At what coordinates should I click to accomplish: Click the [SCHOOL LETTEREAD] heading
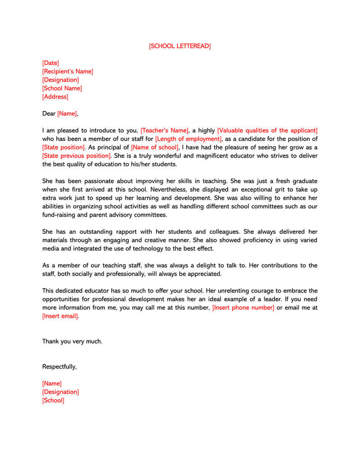pos(180,46)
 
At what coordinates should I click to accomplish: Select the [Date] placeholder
pos(50,63)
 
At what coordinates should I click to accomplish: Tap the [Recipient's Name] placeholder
pos(67,72)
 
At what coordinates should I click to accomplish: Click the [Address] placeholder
pos(55,97)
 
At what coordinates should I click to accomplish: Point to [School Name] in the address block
pos(62,88)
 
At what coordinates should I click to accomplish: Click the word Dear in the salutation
pos(49,114)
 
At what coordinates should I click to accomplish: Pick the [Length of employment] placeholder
pos(189,139)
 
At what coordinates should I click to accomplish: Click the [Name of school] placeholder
pos(155,147)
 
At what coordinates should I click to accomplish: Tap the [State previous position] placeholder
pos(76,156)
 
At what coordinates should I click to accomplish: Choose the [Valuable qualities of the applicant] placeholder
pos(267,131)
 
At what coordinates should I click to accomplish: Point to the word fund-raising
pos(59,215)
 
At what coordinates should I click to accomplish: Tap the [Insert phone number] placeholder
pos(243,308)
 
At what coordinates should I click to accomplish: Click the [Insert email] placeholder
pos(60,316)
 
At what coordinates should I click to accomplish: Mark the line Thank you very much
pos(72,341)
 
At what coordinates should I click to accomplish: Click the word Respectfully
pos(59,366)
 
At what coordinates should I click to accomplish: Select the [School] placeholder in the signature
pos(53,400)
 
